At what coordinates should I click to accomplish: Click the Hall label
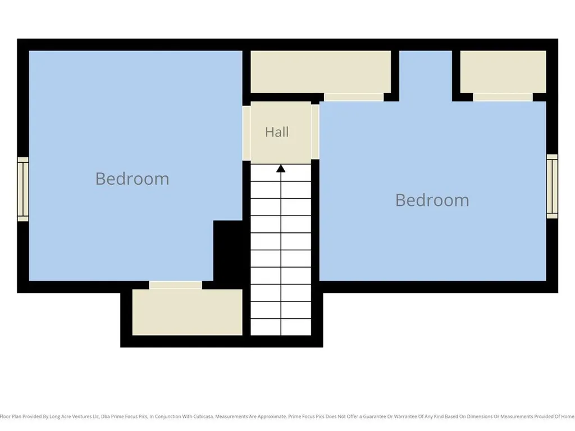277,132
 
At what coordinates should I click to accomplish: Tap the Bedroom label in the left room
133,179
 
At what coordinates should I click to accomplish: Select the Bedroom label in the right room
432,200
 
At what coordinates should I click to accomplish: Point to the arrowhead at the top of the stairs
281,168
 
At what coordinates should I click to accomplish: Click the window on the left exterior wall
22,189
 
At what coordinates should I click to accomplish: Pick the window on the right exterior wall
552,186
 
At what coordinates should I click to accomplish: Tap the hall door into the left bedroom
247,133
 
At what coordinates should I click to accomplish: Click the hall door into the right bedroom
315,132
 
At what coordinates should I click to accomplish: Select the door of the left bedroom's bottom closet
175,285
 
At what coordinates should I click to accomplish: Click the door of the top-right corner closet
503,97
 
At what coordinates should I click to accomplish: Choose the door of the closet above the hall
354,97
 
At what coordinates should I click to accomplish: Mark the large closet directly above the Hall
321,72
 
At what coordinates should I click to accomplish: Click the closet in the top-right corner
503,72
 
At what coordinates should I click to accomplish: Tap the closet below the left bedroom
187,312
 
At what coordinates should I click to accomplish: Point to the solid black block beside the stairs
228,251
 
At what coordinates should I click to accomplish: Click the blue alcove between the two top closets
426,76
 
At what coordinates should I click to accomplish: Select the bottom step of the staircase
281,327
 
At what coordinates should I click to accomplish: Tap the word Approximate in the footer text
272,417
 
